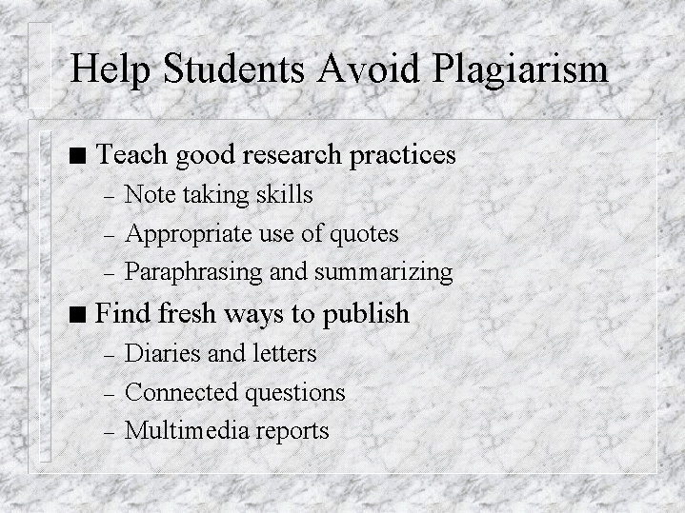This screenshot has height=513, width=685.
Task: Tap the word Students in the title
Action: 233,68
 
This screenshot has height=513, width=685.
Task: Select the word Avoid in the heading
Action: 369,68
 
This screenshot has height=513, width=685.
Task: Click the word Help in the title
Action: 111,69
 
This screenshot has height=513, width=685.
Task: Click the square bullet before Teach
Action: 77,155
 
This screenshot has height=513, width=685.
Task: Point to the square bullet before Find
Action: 77,314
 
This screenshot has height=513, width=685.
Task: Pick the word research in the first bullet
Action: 292,154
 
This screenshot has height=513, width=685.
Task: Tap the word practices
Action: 402,156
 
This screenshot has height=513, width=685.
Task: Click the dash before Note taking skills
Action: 110,197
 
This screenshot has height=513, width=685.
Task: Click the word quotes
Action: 364,234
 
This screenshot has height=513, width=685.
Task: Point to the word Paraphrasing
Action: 193,272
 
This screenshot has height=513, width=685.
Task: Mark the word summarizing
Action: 384,272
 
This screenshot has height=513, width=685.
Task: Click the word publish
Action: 366,314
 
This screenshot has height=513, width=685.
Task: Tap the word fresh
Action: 187,313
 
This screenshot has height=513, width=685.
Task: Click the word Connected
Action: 181,391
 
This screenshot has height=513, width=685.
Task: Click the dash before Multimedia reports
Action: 110,434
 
